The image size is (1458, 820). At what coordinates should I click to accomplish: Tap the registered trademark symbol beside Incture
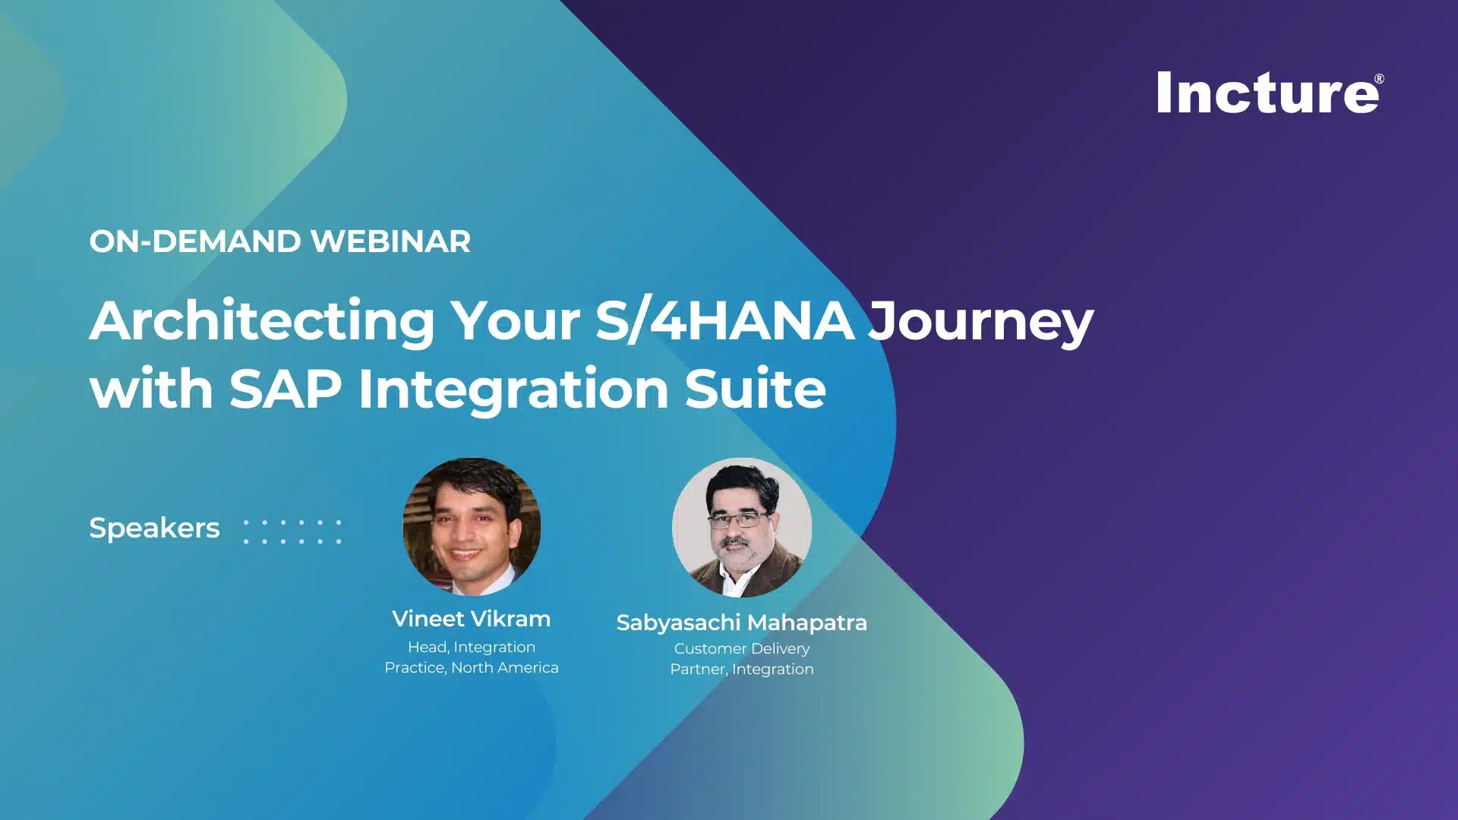pyautogui.click(x=1379, y=79)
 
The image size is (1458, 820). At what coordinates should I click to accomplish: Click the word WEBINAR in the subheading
pyautogui.click(x=390, y=241)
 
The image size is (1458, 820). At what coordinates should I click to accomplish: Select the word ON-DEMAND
pyautogui.click(x=195, y=241)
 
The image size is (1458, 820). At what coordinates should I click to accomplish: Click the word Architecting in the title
pyautogui.click(x=262, y=322)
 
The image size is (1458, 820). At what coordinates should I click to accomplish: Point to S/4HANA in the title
pyautogui.click(x=725, y=320)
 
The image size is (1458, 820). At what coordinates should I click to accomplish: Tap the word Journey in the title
pyautogui.click(x=981, y=322)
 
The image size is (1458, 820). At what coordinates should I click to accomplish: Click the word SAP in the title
pyautogui.click(x=286, y=389)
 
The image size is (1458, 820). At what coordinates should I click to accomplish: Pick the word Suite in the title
pyautogui.click(x=755, y=389)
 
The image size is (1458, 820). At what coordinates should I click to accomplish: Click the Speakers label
pyautogui.click(x=154, y=528)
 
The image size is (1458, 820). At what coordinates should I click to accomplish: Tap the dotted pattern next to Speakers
pyautogui.click(x=292, y=531)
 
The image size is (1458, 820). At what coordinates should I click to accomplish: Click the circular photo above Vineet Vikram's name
pyautogui.click(x=472, y=526)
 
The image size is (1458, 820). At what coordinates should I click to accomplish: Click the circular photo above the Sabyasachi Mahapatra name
pyautogui.click(x=742, y=528)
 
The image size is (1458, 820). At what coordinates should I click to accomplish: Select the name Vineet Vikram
pyautogui.click(x=472, y=619)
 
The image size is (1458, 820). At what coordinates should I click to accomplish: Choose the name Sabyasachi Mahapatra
pyautogui.click(x=742, y=623)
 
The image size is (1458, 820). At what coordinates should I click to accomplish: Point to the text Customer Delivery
pyautogui.click(x=742, y=648)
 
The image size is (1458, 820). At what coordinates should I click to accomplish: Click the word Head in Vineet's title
pyautogui.click(x=426, y=647)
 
